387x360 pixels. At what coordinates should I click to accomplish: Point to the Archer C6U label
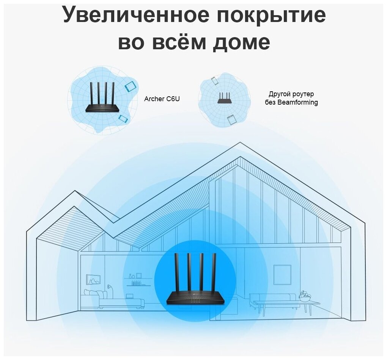point(162,99)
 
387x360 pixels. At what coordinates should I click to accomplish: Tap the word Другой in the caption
point(278,94)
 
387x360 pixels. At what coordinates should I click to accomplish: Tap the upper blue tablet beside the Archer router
point(130,86)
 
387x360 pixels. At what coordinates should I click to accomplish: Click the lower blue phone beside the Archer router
point(122,119)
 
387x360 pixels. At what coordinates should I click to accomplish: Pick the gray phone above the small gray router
point(215,81)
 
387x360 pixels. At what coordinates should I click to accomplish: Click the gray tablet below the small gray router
point(231,120)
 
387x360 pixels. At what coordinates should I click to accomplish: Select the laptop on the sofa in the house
point(130,296)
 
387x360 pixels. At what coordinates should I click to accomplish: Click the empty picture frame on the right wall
point(282,274)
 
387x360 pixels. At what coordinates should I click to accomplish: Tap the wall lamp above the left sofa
point(109,287)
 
